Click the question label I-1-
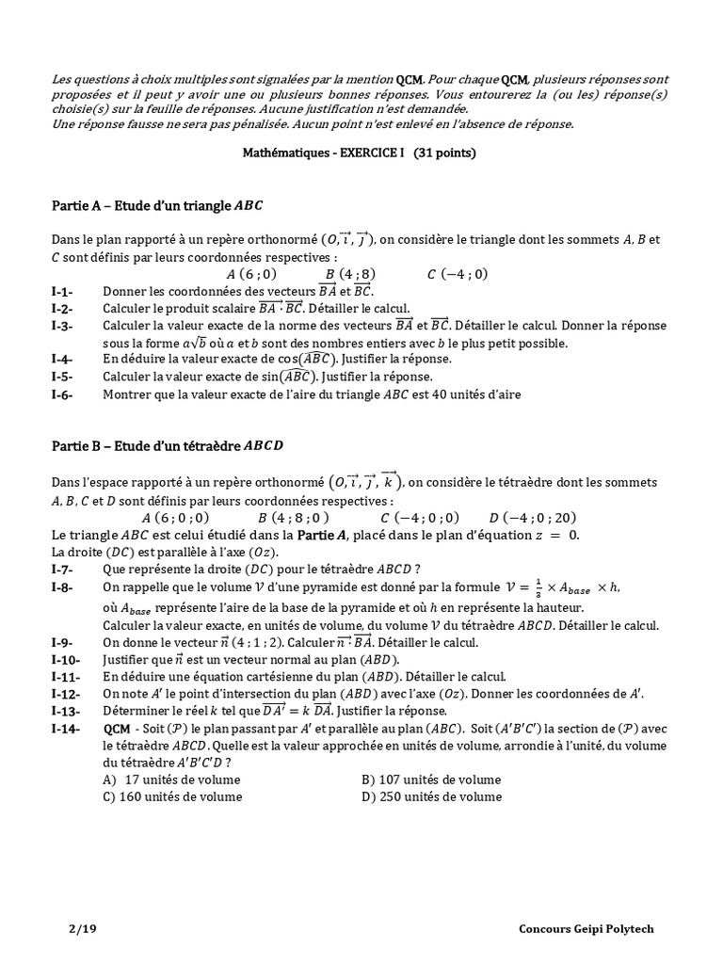[62, 292]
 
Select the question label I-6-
[62, 394]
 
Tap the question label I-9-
[62, 643]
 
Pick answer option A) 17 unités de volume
[170, 779]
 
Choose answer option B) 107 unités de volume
[431, 779]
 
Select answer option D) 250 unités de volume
[431, 796]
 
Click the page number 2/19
[82, 929]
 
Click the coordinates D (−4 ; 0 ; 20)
[532, 518]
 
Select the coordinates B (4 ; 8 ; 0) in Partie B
[293, 518]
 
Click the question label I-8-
[62, 587]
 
